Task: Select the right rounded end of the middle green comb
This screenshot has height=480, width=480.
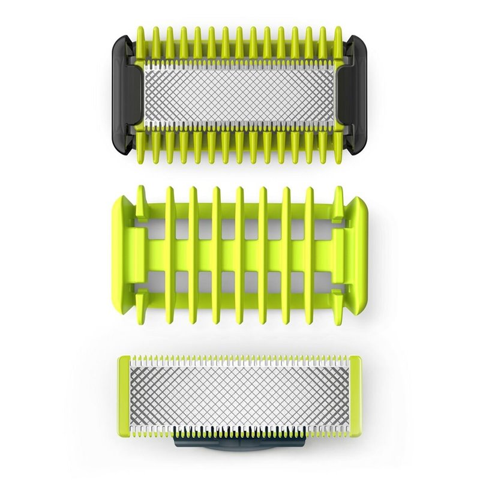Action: coord(358,252)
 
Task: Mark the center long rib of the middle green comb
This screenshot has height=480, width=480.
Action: coord(240,252)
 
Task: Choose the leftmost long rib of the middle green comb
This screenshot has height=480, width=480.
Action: coord(170,252)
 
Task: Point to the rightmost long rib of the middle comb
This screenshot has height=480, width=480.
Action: coord(310,252)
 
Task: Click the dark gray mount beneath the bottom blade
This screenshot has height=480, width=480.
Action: coord(240,443)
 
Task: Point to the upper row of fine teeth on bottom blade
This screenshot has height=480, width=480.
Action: coord(240,360)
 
